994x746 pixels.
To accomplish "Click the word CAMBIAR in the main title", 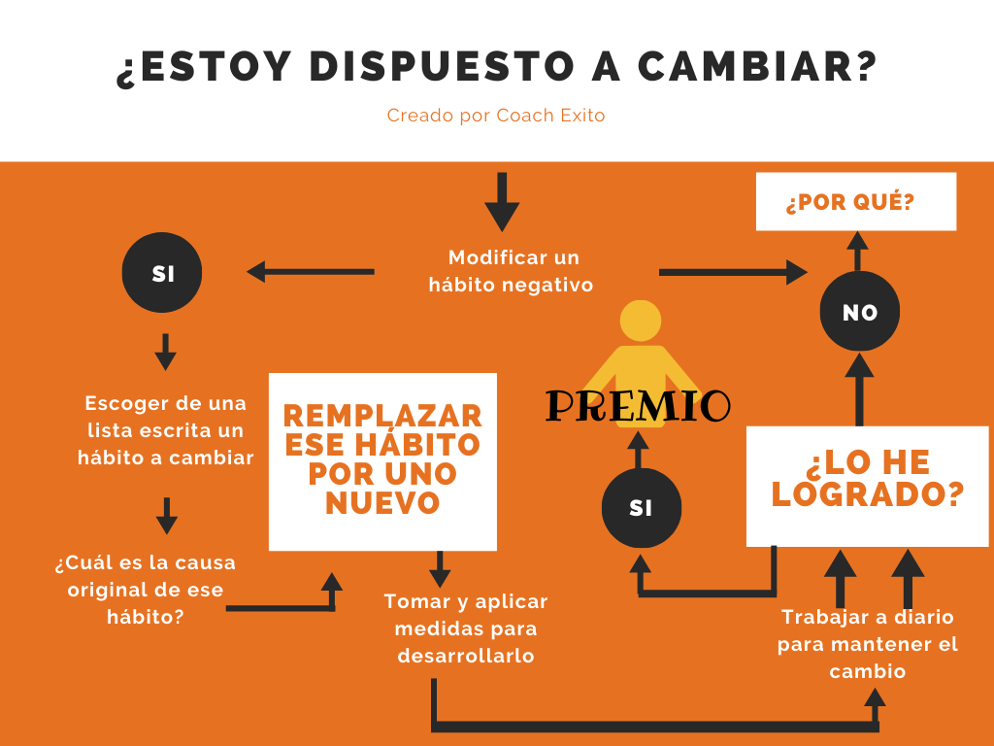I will (x=757, y=67).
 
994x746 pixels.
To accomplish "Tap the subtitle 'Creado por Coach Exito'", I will (x=496, y=116).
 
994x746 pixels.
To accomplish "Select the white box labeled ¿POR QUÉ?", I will (x=855, y=202).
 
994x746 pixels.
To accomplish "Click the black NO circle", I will (x=860, y=312).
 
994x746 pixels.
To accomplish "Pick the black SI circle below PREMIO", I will (x=641, y=507).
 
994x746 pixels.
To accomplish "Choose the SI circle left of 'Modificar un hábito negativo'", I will (x=162, y=274).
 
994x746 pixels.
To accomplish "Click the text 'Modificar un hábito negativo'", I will (x=513, y=272).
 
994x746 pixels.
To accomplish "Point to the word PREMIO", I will (x=638, y=405).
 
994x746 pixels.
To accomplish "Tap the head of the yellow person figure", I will (x=641, y=321).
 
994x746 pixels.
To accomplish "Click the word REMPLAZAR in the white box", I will (x=382, y=416).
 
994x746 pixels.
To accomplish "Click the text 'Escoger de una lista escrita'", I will (x=165, y=416).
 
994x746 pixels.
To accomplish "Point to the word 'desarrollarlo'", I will (x=466, y=656).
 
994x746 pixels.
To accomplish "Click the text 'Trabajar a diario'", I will (x=868, y=618).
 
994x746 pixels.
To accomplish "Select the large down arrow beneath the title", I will (x=502, y=202).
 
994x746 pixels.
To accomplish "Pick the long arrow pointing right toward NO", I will (x=733, y=273).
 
